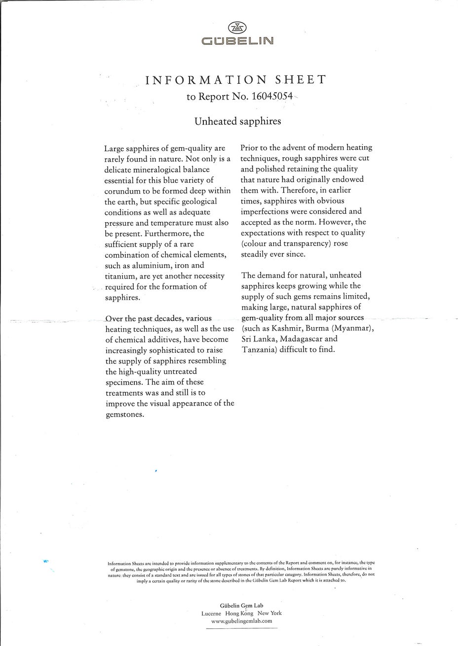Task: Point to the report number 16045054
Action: (x=272, y=97)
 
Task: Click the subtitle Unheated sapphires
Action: (x=237, y=121)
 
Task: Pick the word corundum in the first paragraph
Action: (x=125, y=191)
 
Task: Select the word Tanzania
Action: (x=259, y=350)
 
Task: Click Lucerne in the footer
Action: (x=211, y=613)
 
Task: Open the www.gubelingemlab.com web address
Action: (x=241, y=622)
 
